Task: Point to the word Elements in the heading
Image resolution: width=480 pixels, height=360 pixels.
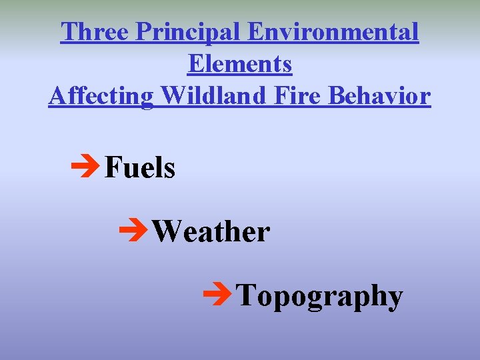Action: click(x=240, y=64)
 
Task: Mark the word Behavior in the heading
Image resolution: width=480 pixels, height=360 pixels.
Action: click(x=379, y=96)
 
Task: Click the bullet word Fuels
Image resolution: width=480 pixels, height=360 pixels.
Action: click(x=139, y=167)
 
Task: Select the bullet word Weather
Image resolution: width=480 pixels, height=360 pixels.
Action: click(x=211, y=231)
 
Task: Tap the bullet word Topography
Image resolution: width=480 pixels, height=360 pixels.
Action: click(x=320, y=295)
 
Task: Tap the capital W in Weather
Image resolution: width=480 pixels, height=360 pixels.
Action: click(x=165, y=231)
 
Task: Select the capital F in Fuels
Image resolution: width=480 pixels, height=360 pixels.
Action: click(x=111, y=167)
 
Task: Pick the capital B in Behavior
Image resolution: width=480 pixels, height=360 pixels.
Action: click(x=337, y=96)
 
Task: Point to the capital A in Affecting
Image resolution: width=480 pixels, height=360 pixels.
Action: click(x=57, y=96)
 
